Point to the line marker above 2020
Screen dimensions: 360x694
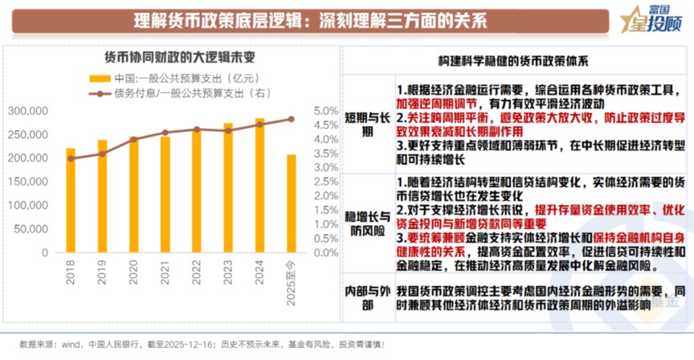(x=134, y=140)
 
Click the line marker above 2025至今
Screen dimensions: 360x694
(x=291, y=119)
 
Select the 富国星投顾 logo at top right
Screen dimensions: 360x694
(x=651, y=20)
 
